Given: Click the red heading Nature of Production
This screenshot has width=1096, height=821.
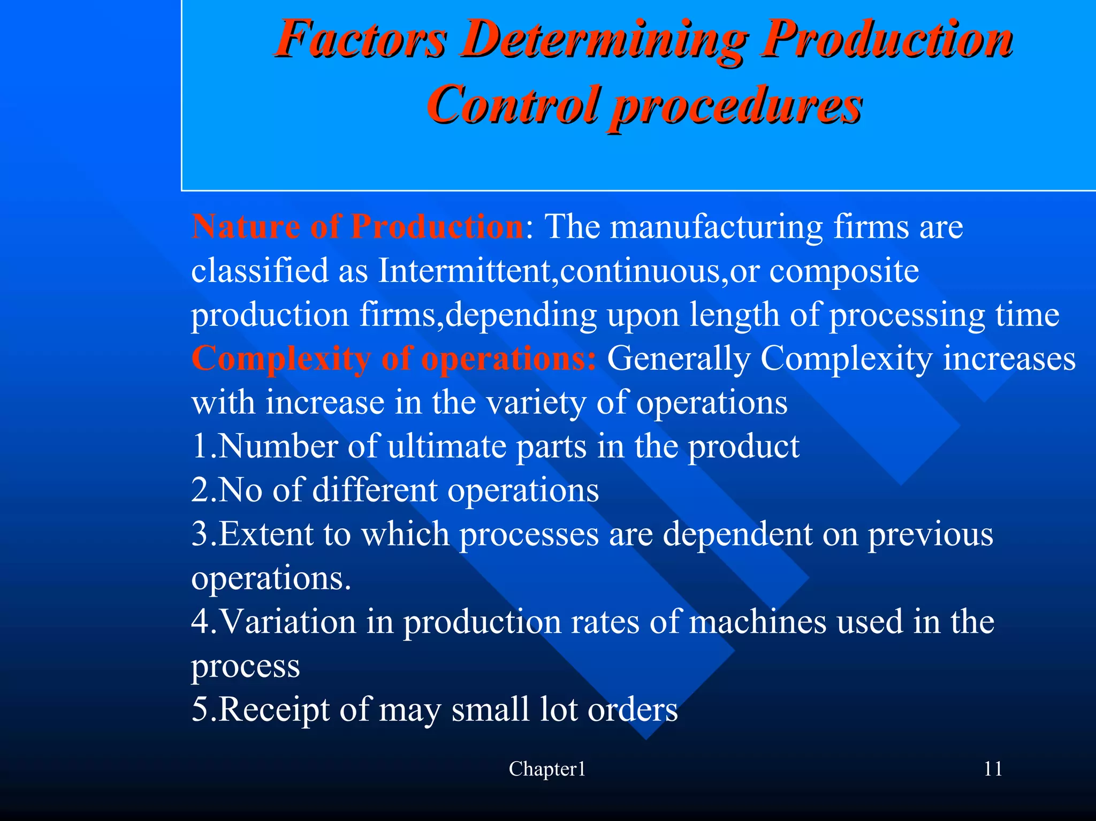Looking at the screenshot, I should pos(357,226).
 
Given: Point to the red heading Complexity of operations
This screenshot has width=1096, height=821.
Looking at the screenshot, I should pos(393,358).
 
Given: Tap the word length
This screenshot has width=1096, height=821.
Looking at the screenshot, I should pos(734,315).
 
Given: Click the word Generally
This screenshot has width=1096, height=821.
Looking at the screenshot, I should pos(678,359).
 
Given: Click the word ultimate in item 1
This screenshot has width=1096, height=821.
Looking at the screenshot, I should pos(447,446).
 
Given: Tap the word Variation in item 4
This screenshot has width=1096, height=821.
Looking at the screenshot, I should pos(288,621).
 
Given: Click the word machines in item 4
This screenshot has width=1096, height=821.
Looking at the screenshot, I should pos(757,621).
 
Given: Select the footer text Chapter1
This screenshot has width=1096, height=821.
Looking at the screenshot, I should pos(547,769).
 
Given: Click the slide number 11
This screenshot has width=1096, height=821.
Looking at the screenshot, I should pos(993,769).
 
